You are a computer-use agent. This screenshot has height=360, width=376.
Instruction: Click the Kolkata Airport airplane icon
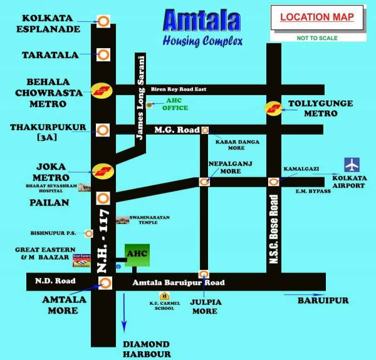pos(352,165)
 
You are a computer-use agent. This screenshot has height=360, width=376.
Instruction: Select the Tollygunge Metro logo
pos(273,108)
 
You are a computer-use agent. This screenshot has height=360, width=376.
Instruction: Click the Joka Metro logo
pos(102,170)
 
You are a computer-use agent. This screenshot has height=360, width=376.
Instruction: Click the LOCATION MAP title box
pos(317,18)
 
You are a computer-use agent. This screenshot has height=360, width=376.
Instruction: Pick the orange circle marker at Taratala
pos(103,55)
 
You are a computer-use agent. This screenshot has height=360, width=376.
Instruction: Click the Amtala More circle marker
pos(105,283)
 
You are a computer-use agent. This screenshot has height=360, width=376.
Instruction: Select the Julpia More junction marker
pos(204,274)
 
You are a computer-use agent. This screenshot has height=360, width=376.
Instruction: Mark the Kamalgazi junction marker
pos(273,182)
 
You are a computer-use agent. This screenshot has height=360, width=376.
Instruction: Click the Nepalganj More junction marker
pos(204,182)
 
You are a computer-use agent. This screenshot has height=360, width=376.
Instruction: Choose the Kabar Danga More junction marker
pos(204,130)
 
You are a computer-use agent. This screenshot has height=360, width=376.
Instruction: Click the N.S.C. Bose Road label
pos(273,229)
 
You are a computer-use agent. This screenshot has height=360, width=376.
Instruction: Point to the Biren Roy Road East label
pos(179,89)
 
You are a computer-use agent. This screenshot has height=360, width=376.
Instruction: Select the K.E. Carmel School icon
pos(164,296)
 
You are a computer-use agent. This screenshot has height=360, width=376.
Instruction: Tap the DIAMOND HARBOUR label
pos(146,349)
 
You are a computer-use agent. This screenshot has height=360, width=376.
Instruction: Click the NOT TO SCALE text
pos(317,38)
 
